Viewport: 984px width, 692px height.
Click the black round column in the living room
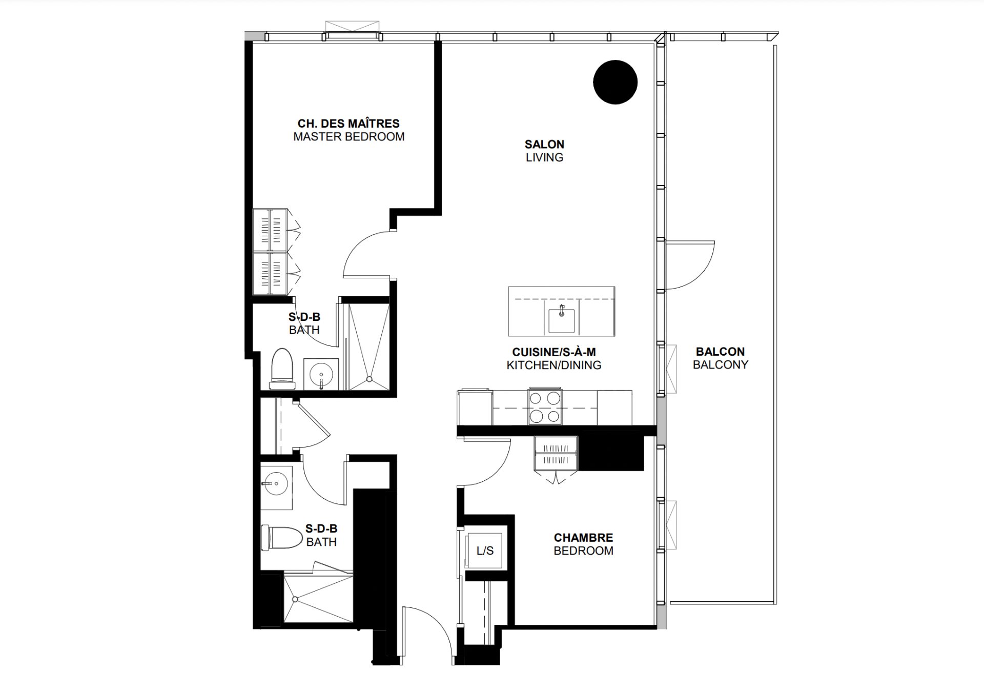coord(615,82)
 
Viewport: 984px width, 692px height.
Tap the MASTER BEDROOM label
coord(348,137)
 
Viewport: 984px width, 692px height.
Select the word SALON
coord(544,145)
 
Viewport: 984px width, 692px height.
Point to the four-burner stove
coord(545,407)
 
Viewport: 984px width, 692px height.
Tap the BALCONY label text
coord(721,364)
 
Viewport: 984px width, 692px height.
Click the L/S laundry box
coord(485,551)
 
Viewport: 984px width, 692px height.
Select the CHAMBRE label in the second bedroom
coord(583,538)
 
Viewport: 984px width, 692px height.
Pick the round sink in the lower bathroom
coord(276,483)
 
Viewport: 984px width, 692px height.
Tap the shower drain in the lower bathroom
coord(295,599)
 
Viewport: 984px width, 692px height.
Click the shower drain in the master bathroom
coord(369,379)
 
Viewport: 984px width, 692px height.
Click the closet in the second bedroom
coord(556,454)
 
